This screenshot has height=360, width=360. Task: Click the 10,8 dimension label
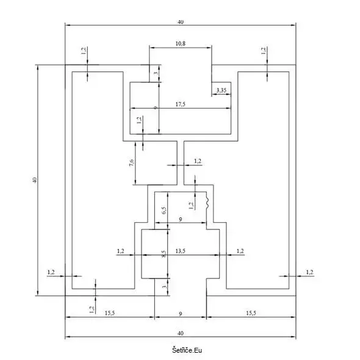(x=180, y=43)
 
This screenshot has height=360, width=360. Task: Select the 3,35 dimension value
(x=221, y=90)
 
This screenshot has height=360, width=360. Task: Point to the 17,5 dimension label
(x=180, y=104)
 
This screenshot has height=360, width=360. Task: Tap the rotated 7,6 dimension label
(x=132, y=163)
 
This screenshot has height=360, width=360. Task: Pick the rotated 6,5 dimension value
(x=164, y=211)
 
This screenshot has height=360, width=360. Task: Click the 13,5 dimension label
(x=180, y=251)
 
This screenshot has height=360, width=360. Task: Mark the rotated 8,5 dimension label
(x=164, y=254)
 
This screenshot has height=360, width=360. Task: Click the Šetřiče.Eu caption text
(x=187, y=350)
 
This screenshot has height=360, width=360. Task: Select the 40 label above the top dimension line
(x=181, y=22)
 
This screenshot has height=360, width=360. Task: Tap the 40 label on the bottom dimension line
(x=181, y=333)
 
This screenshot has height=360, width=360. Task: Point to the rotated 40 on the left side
(x=35, y=180)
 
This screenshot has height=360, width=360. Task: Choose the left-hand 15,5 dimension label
(x=110, y=313)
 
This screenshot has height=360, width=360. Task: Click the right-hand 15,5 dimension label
(x=251, y=313)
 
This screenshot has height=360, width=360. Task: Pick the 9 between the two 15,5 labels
(x=181, y=314)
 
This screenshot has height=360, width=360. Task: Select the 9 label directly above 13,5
(x=181, y=220)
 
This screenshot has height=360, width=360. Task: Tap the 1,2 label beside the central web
(x=198, y=161)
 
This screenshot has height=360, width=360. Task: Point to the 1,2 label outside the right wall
(x=309, y=272)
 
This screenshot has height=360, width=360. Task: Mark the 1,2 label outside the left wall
(x=51, y=272)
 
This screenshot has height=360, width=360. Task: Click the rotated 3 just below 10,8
(x=156, y=73)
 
